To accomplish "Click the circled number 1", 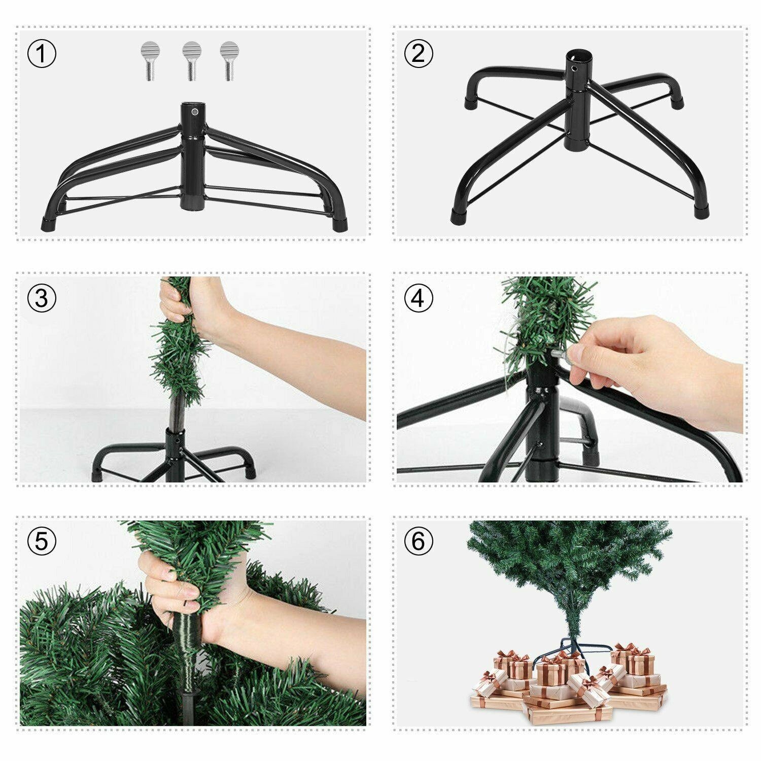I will [x=42, y=54].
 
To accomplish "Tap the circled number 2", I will [x=418, y=54].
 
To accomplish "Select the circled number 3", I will [x=42, y=298].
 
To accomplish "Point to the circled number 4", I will [x=418, y=298].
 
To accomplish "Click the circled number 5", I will [x=42, y=541].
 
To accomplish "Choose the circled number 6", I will [x=418, y=541].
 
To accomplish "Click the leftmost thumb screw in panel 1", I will [x=149, y=60].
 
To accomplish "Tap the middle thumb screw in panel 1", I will [x=192, y=60].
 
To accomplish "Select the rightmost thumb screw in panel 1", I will [x=228, y=60].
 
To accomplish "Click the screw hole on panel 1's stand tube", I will [x=194, y=111].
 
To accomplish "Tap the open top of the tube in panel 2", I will [x=576, y=54].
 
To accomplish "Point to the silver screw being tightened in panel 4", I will [x=561, y=351].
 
